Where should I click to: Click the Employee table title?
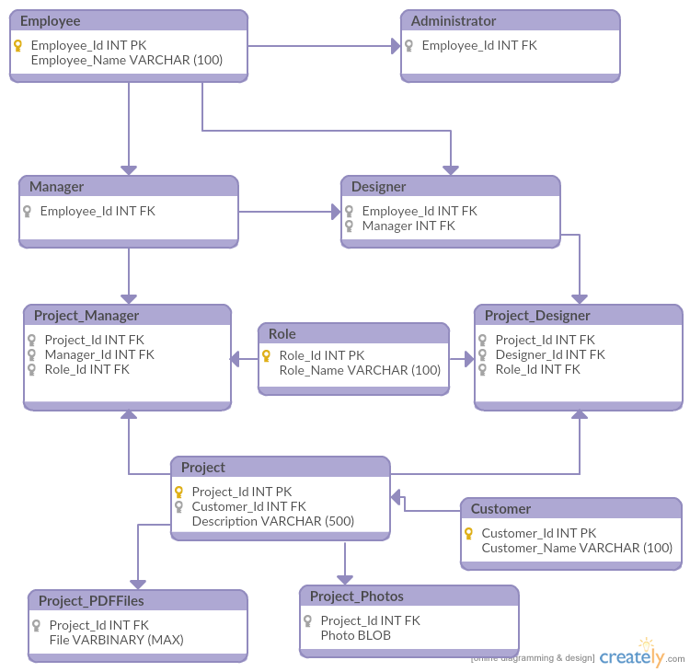tap(50, 21)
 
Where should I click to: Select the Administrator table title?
tap(454, 21)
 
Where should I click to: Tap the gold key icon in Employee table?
tap(18, 45)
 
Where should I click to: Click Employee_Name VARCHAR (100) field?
tap(127, 61)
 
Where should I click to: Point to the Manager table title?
tap(56, 187)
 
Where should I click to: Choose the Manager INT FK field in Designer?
tap(408, 226)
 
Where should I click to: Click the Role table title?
tap(282, 334)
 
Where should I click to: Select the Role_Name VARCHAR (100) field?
tap(360, 370)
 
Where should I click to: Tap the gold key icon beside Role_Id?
tap(268, 355)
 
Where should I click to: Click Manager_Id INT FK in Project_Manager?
tap(99, 354)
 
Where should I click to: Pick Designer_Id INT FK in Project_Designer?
tap(550, 354)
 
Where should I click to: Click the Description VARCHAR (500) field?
tap(273, 521)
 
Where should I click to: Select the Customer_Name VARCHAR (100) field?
tap(577, 548)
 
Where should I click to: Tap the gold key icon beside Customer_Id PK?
tap(469, 533)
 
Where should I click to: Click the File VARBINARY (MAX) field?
tap(116, 640)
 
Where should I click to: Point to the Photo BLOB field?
tap(355, 635)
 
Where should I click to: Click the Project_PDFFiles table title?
tap(91, 601)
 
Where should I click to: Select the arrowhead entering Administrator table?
tap(395, 45)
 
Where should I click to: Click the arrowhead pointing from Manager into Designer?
tap(335, 212)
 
